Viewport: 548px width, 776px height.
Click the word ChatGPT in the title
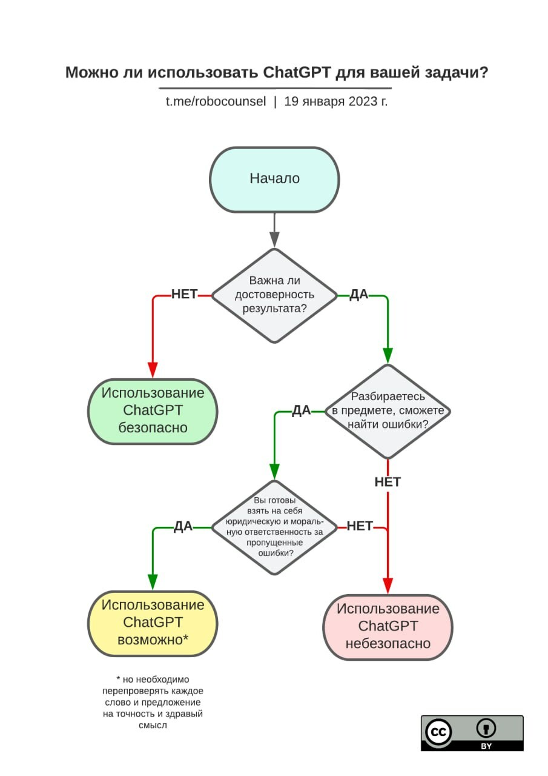coord(297,73)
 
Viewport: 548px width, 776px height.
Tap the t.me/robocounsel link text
coord(216,101)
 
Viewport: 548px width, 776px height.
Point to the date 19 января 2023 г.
coord(335,101)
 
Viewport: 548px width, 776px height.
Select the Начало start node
coord(274,179)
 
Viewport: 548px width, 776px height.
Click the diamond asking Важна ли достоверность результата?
coord(274,296)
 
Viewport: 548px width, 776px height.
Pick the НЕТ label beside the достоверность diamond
coord(185,294)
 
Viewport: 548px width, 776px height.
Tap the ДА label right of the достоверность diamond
coord(358,295)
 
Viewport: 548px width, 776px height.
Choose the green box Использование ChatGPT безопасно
coord(153,412)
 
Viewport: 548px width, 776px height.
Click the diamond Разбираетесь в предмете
coord(388,412)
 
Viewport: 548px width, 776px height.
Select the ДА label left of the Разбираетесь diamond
coord(302,410)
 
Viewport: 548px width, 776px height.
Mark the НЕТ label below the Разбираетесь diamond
coord(388,482)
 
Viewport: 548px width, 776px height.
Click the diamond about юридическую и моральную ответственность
coord(274,527)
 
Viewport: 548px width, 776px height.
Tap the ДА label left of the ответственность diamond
coord(183,526)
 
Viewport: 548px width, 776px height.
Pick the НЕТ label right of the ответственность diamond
coord(360,526)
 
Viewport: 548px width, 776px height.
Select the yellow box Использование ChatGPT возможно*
coord(153,624)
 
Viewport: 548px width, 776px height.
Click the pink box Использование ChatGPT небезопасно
coord(388,627)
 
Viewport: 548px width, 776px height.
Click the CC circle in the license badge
coord(438,732)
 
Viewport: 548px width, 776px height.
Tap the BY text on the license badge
coord(486,746)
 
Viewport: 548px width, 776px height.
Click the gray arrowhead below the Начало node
coord(274,239)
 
